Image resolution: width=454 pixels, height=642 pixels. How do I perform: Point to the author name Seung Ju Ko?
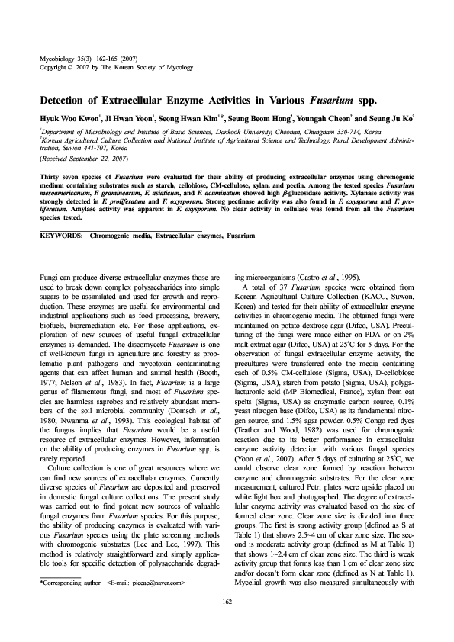[390, 119]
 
